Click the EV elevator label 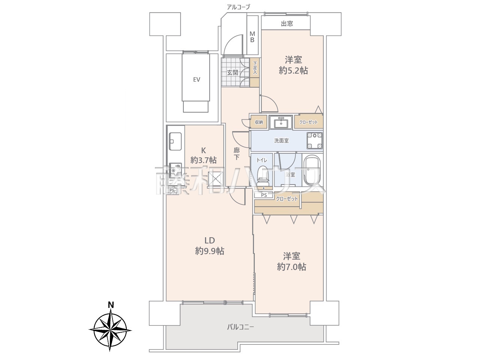(x=196, y=79)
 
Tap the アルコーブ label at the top (x=238, y=7)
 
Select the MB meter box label (x=252, y=37)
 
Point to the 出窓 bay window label (x=287, y=24)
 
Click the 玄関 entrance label (x=232, y=73)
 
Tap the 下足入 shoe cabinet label (x=255, y=68)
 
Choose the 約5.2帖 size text (x=293, y=70)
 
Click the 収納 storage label (x=259, y=122)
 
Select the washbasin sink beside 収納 (x=281, y=122)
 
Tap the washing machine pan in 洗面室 (x=315, y=141)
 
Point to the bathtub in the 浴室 (x=313, y=171)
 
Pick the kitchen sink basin (x=175, y=141)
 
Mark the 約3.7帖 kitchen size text (x=203, y=160)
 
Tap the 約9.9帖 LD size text (x=210, y=251)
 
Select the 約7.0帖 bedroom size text (x=291, y=267)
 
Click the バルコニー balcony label (x=240, y=333)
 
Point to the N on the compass (x=111, y=305)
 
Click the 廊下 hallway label (x=236, y=154)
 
